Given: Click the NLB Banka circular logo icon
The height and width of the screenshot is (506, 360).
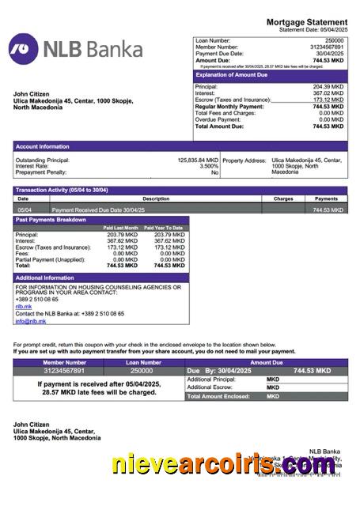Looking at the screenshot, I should [23, 49].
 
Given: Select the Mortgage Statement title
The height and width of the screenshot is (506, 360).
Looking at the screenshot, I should [306, 22].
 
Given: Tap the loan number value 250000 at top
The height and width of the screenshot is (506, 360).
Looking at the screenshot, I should [335, 40].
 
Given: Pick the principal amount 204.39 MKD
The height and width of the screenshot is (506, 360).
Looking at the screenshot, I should [328, 86].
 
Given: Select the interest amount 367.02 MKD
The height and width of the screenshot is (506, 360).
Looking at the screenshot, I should [328, 93].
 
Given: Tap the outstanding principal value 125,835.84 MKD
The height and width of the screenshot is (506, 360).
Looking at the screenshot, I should [198, 160].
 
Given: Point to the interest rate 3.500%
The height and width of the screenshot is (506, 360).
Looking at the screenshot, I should [209, 166].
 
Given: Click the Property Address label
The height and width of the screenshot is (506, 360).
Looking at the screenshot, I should [244, 160].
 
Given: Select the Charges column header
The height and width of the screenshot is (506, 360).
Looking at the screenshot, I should [283, 198].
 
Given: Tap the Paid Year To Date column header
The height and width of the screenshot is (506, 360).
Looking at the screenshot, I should [164, 228].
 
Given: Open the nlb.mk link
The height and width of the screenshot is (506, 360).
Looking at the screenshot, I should [24, 306].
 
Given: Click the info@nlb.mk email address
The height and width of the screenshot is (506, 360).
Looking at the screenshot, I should [30, 321].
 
